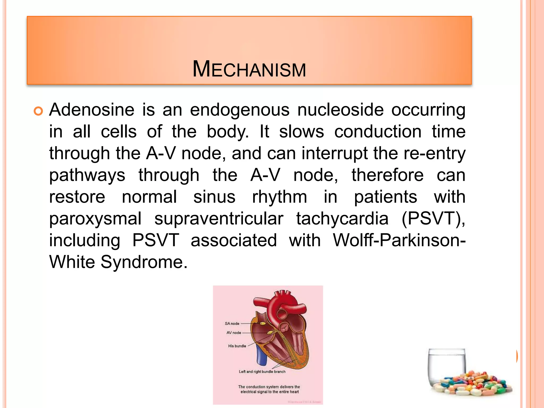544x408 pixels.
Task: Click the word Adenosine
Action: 92,110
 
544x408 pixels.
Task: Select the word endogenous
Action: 239,110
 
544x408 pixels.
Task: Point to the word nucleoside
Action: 340,110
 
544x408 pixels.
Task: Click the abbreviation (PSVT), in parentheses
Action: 433,219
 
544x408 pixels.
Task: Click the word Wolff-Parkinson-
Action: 399,240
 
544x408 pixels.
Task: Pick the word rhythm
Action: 279,197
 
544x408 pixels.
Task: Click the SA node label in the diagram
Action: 232,324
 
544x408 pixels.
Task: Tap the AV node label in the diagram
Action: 234,333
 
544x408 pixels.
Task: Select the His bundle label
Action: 237,346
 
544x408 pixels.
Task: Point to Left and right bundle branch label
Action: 262,372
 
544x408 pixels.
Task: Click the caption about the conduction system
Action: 269,389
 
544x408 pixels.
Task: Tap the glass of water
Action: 447,367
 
